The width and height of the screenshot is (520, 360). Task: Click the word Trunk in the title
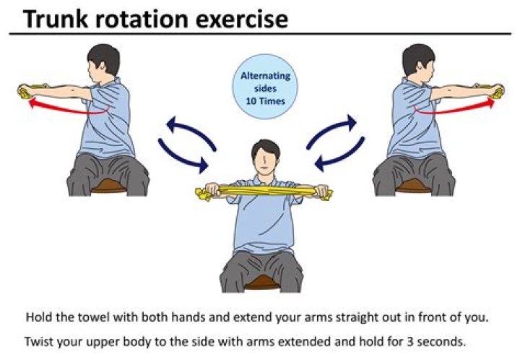tap(56, 19)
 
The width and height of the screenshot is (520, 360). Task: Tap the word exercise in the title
tap(242, 20)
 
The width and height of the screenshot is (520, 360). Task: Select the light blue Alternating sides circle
tap(265, 87)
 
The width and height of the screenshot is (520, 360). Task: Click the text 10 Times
tap(265, 101)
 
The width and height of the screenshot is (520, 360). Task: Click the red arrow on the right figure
tap(454, 107)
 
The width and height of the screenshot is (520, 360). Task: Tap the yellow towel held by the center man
tap(264, 192)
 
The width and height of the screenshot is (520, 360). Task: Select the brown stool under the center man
tap(262, 283)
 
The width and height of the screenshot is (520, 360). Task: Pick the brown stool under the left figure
tap(108, 186)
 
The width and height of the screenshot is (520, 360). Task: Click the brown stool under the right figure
tap(413, 186)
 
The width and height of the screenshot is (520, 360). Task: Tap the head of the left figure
tap(103, 61)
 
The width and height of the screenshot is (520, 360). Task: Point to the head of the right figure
tap(418, 61)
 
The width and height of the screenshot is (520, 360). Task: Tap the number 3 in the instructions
tap(410, 341)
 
